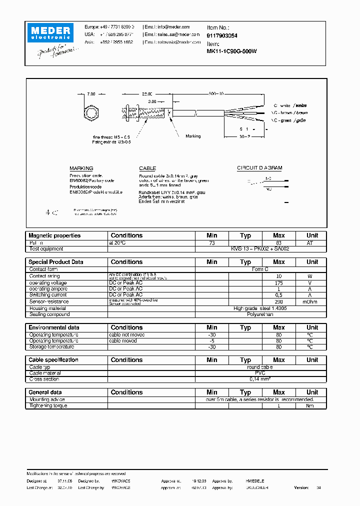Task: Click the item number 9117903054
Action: coord(222,36)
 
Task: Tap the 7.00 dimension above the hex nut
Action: coord(91,94)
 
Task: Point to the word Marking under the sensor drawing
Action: coord(193,136)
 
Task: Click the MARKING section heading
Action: coord(81,168)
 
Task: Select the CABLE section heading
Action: coord(147,168)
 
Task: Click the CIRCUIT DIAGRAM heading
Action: coord(259,168)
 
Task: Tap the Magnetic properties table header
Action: coord(54,235)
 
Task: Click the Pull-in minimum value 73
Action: coord(212,242)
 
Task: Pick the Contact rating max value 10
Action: coord(278,276)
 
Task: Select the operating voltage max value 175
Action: coord(278,282)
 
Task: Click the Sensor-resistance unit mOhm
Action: coord(312,302)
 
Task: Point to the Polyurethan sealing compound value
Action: coord(260,314)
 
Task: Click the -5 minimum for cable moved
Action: coord(212,340)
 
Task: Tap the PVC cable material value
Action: coord(260,373)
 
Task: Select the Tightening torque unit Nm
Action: coord(312,405)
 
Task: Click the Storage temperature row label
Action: coord(51,346)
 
